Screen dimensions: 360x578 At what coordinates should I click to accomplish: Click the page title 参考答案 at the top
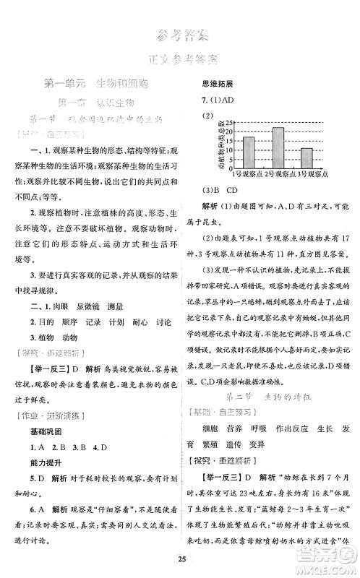tap(180, 34)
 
